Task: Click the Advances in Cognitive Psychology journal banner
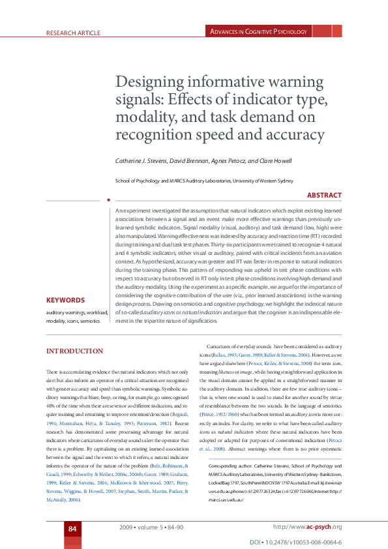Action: pyautogui.click(x=258, y=31)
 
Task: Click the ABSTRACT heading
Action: pyautogui.click(x=324, y=195)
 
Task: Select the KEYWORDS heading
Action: pyautogui.click(x=65, y=301)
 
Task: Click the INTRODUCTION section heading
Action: pyautogui.click(x=74, y=351)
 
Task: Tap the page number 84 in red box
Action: pyautogui.click(x=72, y=527)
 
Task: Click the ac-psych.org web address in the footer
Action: pyautogui.click(x=307, y=527)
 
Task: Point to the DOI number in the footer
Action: pyautogui.click(x=309, y=542)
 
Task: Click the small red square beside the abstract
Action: pyautogui.click(x=108, y=200)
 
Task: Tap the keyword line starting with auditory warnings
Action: pyautogui.click(x=73, y=312)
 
